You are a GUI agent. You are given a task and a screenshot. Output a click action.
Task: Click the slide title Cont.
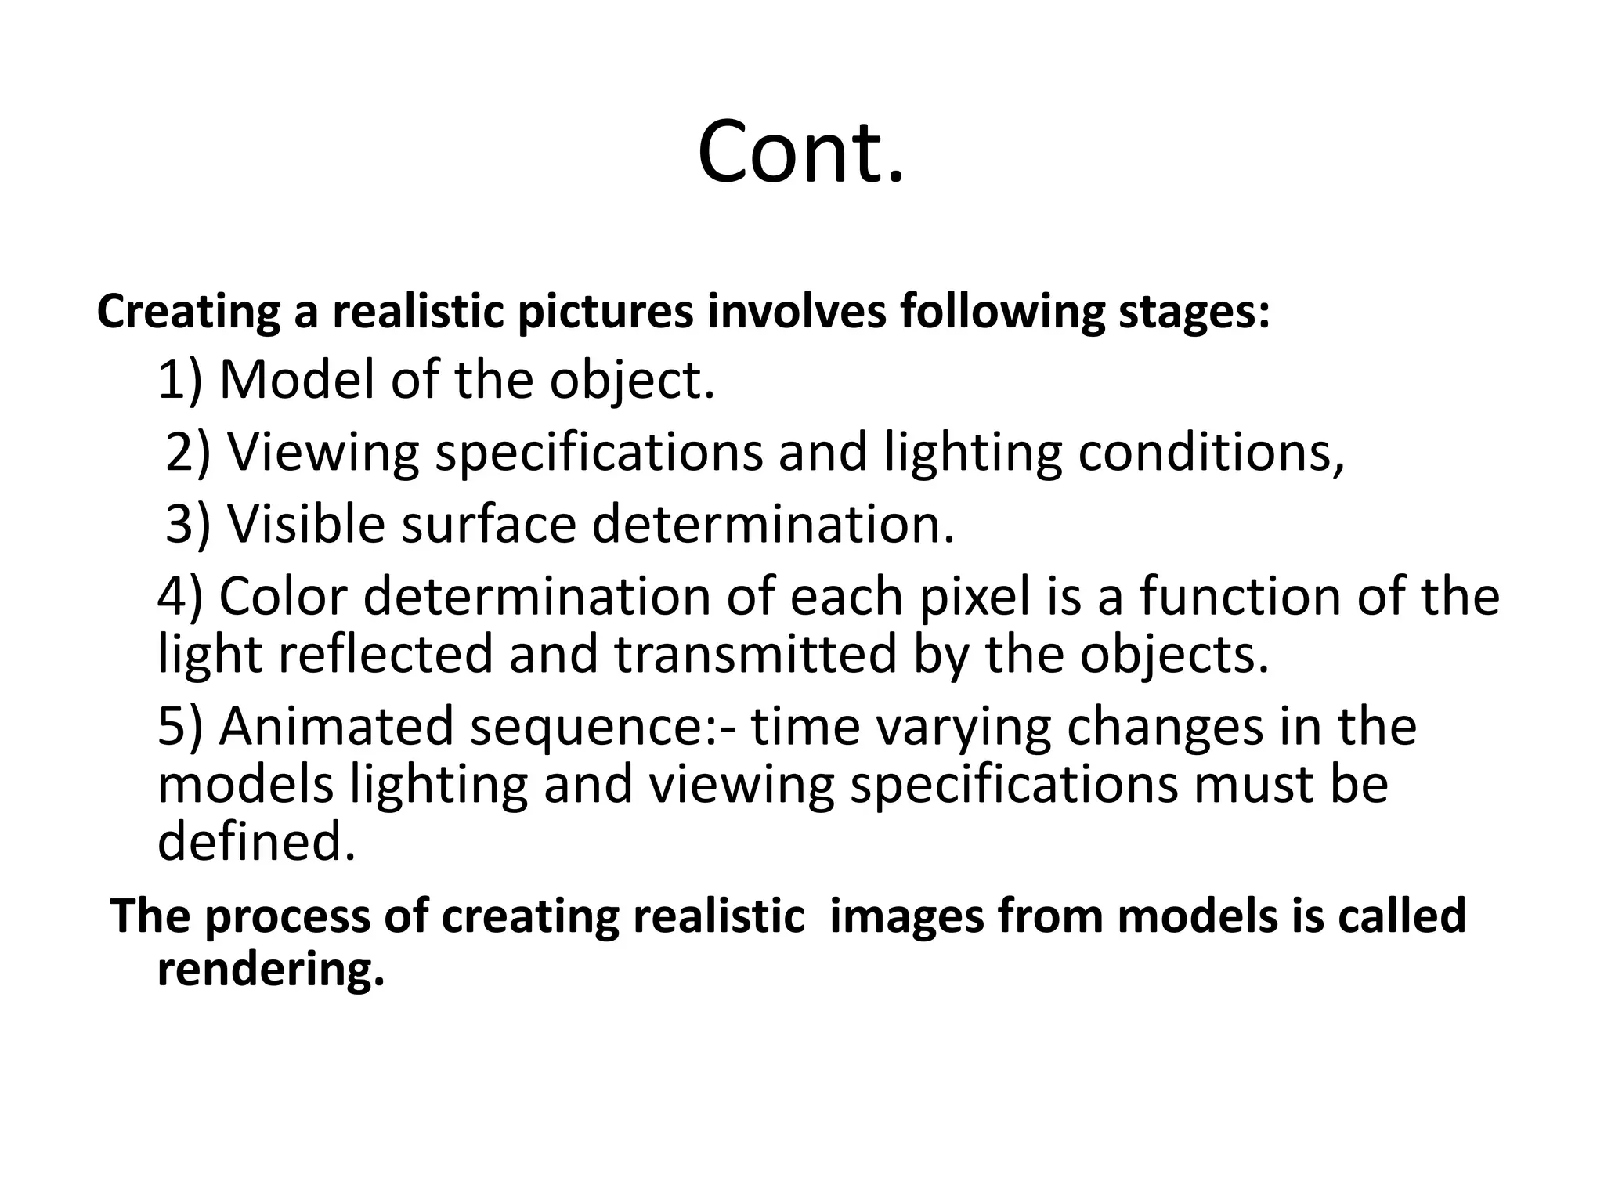[800, 151]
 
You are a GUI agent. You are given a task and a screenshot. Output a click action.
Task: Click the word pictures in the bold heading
[605, 312]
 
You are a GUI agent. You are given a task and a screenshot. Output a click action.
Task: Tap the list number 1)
[179, 381]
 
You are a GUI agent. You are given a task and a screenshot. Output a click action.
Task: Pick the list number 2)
[188, 453]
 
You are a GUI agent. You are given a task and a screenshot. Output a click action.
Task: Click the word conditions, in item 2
[1211, 453]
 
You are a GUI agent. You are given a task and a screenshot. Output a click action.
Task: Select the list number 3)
[188, 524]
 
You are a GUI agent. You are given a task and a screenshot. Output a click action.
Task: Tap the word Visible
[306, 524]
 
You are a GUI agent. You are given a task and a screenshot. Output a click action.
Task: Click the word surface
[489, 524]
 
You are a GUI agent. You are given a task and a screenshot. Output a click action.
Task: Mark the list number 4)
[179, 597]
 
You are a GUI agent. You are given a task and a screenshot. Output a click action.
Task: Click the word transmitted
[755, 655]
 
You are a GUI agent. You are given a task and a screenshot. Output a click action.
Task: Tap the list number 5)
[179, 727]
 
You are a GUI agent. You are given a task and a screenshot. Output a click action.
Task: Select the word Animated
[336, 727]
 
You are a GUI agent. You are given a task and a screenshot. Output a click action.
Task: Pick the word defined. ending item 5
[257, 843]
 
